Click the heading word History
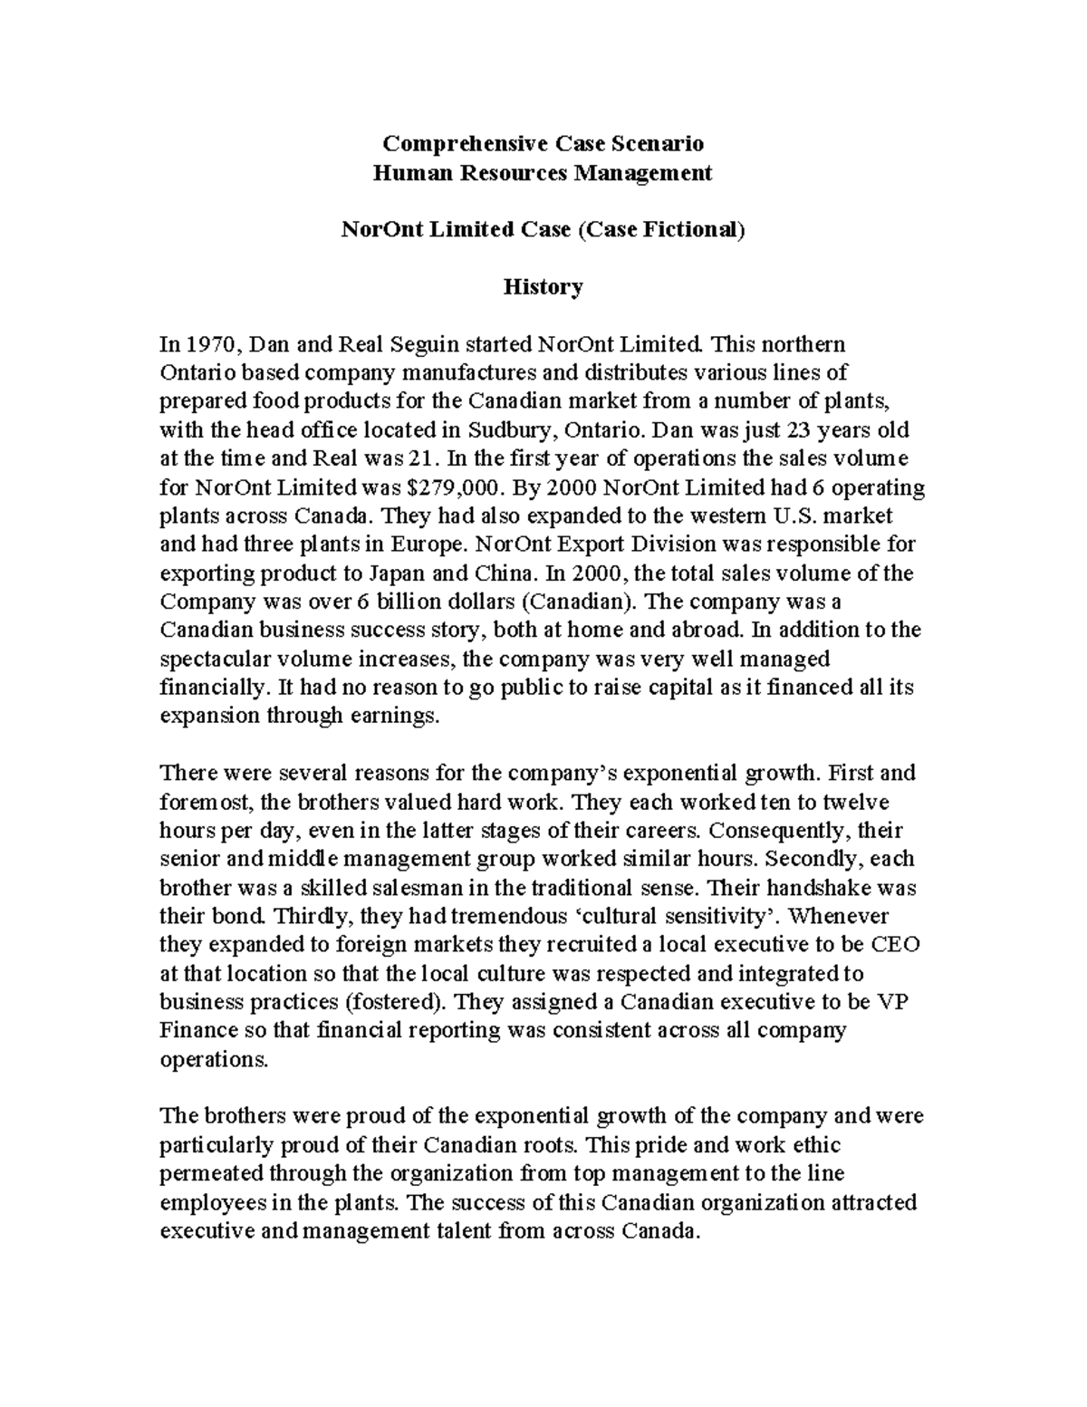[x=543, y=287]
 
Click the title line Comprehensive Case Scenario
[x=543, y=143]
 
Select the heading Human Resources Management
[x=543, y=172]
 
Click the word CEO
[x=895, y=945]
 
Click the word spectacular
[x=213, y=660]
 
